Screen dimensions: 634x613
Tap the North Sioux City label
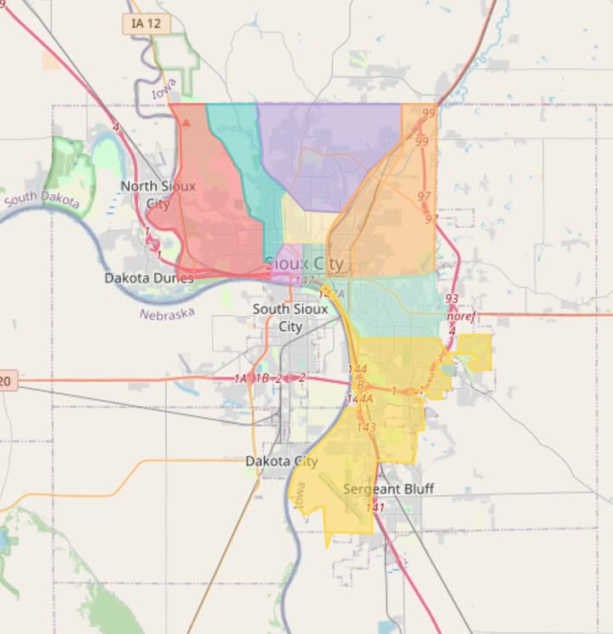pyautogui.click(x=158, y=195)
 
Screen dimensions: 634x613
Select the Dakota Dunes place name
pyautogui.click(x=149, y=277)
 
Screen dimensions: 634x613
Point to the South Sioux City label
pyautogui.click(x=290, y=317)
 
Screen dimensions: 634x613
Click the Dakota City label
pyautogui.click(x=281, y=461)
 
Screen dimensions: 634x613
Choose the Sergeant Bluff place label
pyautogui.click(x=388, y=489)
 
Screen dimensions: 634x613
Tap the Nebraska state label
pyautogui.click(x=167, y=315)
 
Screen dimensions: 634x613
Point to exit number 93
pyautogui.click(x=451, y=299)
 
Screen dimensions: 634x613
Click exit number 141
pyautogui.click(x=375, y=507)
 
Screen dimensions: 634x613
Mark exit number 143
pyautogui.click(x=367, y=427)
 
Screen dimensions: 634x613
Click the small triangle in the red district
pyautogui.click(x=186, y=123)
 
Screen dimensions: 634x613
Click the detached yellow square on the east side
pyautogui.click(x=474, y=351)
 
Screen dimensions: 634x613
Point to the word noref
pyautogui.click(x=461, y=317)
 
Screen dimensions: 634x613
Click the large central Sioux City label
pyautogui.click(x=304, y=263)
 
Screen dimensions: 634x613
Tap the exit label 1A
pyautogui.click(x=241, y=378)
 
